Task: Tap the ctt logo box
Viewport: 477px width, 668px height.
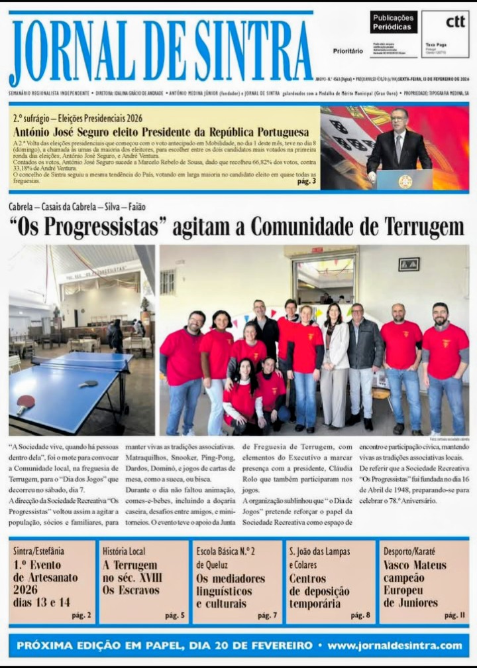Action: click(445, 34)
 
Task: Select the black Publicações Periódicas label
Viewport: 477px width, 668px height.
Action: click(394, 22)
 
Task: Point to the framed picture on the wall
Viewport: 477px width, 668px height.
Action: click(409, 264)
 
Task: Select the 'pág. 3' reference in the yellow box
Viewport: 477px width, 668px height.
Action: click(306, 181)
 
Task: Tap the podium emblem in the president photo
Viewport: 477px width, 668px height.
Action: click(405, 181)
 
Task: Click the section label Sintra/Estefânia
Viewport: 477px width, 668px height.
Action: click(39, 551)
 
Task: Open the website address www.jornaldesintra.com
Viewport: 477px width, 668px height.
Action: click(395, 645)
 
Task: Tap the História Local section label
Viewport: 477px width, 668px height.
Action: click(124, 551)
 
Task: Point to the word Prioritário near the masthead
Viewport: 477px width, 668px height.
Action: click(348, 50)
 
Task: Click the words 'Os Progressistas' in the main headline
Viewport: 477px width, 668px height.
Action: click(87, 228)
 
